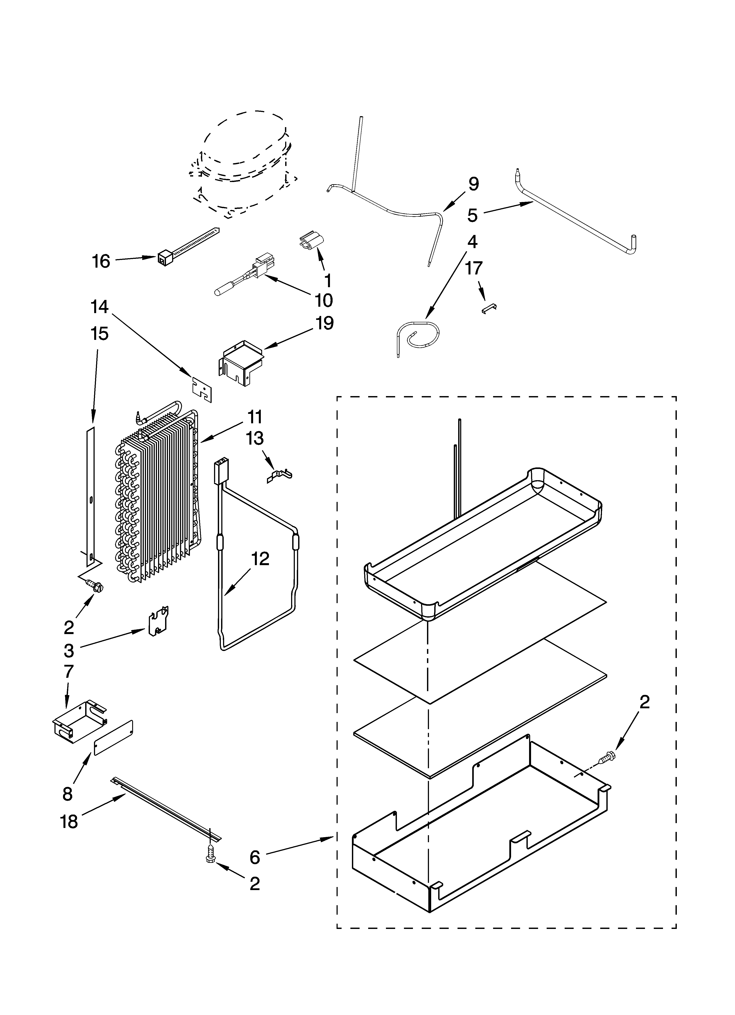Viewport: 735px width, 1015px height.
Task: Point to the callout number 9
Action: tap(473, 184)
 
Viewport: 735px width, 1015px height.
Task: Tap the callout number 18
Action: tap(69, 822)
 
